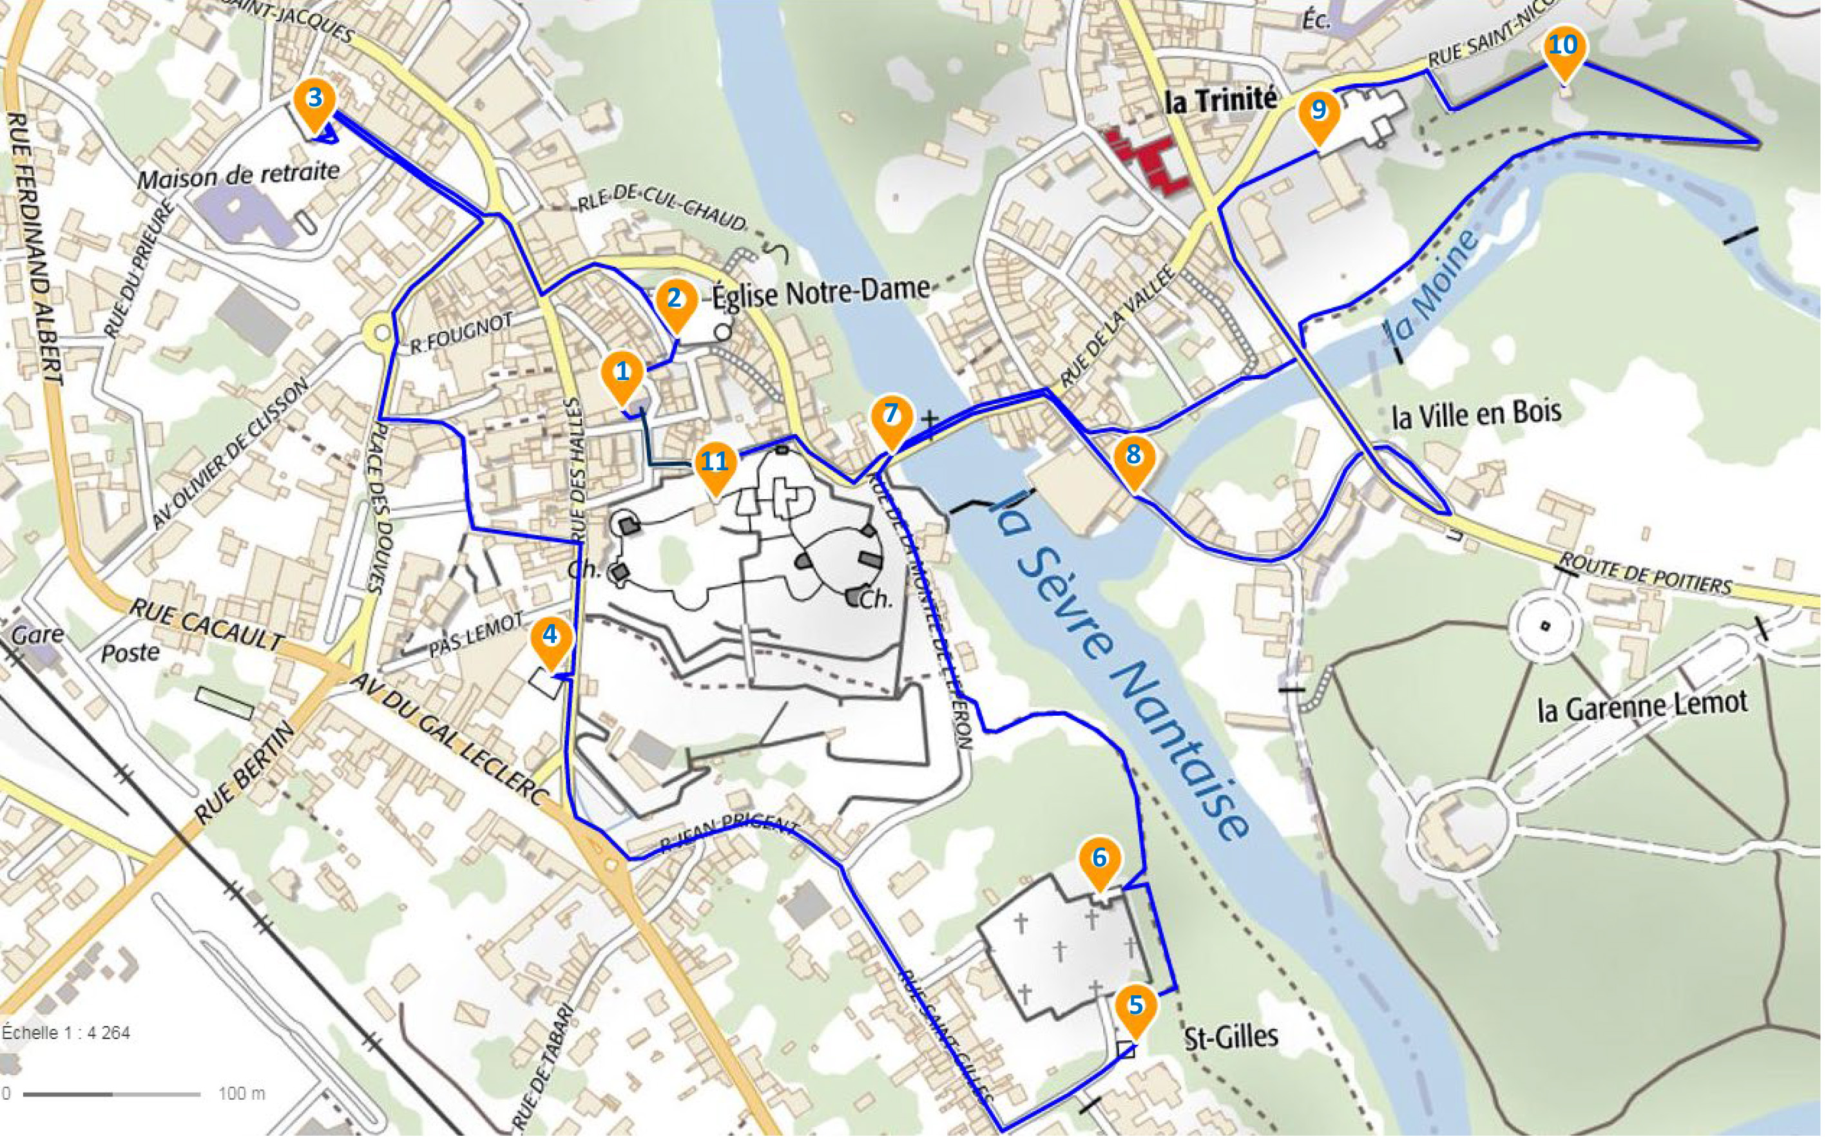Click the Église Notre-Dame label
820,292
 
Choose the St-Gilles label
1231,1037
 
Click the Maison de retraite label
238,176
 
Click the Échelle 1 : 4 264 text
66,1033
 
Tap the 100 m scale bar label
242,1093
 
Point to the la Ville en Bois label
1476,413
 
